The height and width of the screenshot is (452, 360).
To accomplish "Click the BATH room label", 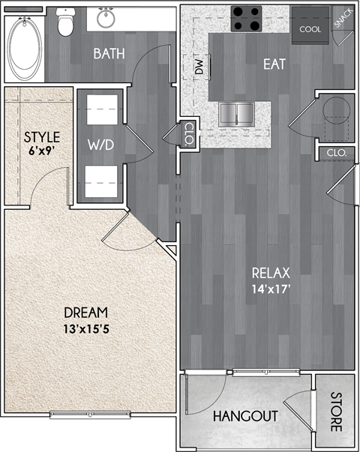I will click(108, 54).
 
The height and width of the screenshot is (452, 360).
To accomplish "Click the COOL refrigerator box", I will click(310, 28).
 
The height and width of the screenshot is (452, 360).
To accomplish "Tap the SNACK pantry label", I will click(343, 18).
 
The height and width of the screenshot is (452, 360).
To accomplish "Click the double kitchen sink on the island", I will click(238, 114).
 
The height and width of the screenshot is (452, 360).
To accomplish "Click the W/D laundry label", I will click(100, 144).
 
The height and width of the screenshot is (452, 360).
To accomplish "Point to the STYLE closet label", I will click(41, 136).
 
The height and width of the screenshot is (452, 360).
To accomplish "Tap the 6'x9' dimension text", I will click(41, 150).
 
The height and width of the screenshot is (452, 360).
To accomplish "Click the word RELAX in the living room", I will click(271, 272).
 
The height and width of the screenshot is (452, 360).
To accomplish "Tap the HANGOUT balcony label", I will click(245, 416).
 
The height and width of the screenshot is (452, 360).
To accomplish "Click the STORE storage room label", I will click(335, 411).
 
